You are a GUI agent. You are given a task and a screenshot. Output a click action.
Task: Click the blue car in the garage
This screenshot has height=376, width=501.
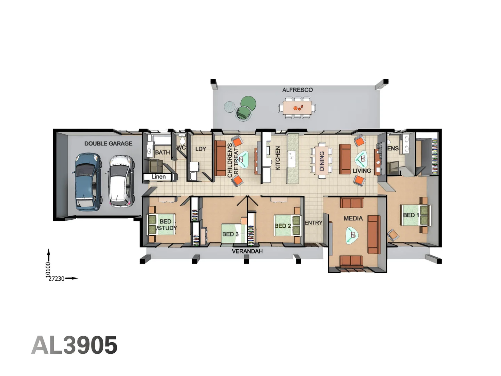pyautogui.click(x=87, y=182)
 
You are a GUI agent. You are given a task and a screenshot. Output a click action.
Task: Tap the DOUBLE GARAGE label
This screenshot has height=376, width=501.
pyautogui.click(x=108, y=143)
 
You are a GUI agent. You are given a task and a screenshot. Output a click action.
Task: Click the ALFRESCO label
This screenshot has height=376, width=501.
pyautogui.click(x=297, y=90)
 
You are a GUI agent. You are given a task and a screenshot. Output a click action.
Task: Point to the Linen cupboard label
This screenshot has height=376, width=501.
pyautogui.click(x=158, y=177)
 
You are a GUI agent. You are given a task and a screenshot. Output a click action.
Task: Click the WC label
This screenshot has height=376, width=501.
pyautogui.click(x=181, y=148)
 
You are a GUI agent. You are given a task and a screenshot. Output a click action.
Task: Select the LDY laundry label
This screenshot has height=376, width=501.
pyautogui.click(x=201, y=149)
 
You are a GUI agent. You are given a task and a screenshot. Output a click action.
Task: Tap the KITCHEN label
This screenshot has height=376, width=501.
pyautogui.click(x=278, y=158)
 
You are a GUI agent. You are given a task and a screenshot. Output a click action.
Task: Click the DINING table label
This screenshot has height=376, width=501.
pyautogui.click(x=322, y=161)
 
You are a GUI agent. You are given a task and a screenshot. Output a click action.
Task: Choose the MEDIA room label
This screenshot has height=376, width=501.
pyautogui.click(x=353, y=218)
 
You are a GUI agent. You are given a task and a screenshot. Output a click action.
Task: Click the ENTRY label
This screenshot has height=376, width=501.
pyautogui.click(x=313, y=223)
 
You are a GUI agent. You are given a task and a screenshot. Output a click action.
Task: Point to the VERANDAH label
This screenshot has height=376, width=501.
pyautogui.click(x=247, y=251)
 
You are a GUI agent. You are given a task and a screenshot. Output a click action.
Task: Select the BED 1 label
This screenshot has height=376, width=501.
pyautogui.click(x=411, y=215)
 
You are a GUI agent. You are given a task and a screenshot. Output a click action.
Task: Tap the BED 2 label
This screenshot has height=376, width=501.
pyautogui.click(x=283, y=226)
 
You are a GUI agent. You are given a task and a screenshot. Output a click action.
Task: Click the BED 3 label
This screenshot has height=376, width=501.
pyautogui.click(x=230, y=234)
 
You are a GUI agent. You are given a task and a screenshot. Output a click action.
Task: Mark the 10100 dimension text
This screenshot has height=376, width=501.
pyautogui.click(x=48, y=269)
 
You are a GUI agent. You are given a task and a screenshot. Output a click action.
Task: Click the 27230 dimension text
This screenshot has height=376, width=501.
pyautogui.click(x=56, y=279)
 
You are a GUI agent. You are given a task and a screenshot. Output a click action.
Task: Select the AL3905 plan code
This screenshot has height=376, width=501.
pyautogui.click(x=74, y=345)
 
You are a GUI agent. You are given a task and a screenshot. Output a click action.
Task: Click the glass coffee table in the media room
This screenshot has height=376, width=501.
pyautogui.click(x=352, y=236)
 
